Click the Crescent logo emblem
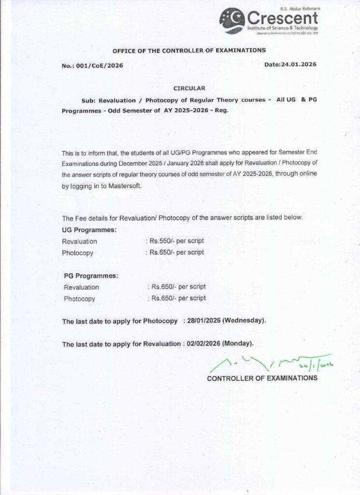[232, 21]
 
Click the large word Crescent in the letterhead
[282, 19]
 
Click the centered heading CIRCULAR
[189, 88]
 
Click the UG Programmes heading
[89, 230]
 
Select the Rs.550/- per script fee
[176, 240]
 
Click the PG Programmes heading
[91, 276]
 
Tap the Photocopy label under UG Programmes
[77, 253]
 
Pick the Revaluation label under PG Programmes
[81, 287]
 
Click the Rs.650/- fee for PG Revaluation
[178, 287]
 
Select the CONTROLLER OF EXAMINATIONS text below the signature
[262, 378]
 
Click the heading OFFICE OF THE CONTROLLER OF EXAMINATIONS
[189, 50]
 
